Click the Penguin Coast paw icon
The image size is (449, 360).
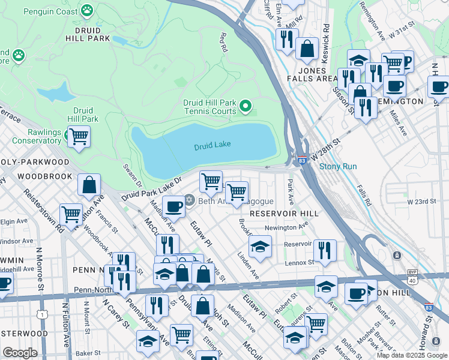[x=88, y=10]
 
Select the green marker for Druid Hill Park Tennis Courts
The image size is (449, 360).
[x=245, y=107]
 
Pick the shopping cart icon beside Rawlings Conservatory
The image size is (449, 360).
[x=79, y=136]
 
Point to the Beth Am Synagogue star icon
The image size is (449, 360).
[x=190, y=200]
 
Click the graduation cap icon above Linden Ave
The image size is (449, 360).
[x=260, y=246]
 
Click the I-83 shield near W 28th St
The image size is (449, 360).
[x=301, y=160]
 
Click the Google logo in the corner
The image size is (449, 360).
[x=20, y=353]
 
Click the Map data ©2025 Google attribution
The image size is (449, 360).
[x=411, y=355]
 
